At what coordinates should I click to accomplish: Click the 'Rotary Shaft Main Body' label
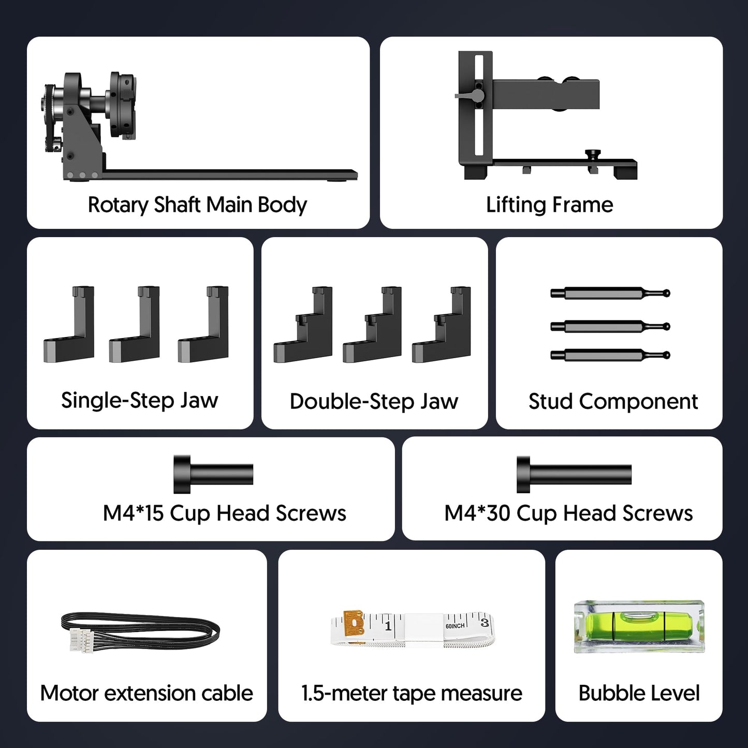click(x=197, y=205)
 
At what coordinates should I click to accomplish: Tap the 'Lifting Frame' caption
click(x=549, y=205)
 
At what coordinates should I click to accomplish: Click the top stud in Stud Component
click(x=610, y=294)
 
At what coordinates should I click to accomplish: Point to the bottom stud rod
click(x=610, y=355)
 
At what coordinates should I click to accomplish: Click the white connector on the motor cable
click(x=81, y=640)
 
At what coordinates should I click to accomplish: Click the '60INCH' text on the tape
click(x=455, y=626)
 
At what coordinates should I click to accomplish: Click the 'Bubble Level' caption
click(x=639, y=693)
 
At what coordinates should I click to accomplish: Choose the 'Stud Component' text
click(x=613, y=402)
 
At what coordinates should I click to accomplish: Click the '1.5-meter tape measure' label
click(x=412, y=693)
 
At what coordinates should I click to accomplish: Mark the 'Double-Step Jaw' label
click(x=374, y=402)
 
